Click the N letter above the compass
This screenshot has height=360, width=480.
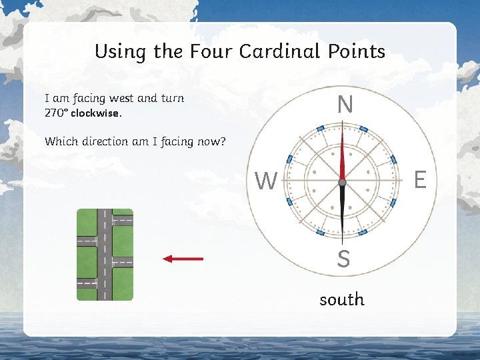pos(345,105)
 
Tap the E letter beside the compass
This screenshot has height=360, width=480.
pos(420,179)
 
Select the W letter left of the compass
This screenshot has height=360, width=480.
pos(266,180)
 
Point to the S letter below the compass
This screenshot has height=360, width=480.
pos(343,259)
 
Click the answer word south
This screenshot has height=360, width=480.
pos(342,299)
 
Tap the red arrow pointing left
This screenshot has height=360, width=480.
pos(183,259)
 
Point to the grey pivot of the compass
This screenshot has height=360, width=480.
pos(342,182)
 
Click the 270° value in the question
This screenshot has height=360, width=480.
pos(55,113)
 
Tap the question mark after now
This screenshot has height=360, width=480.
pos(223,141)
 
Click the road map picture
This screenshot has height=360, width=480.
pos(105,255)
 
